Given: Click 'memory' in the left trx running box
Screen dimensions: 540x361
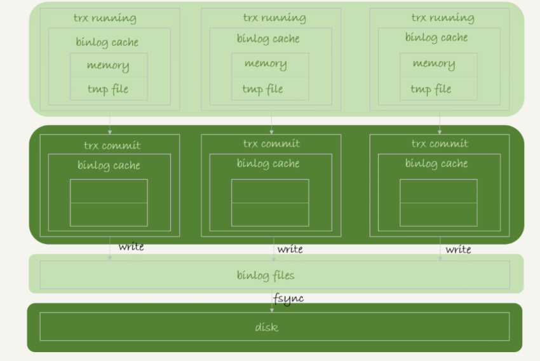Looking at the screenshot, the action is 108,65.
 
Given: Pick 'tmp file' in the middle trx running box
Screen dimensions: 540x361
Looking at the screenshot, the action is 262,89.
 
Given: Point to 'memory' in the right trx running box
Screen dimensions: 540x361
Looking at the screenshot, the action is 434,64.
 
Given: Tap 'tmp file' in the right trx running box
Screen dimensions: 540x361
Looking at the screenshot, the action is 431,89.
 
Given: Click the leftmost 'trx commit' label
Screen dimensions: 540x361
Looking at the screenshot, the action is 112,146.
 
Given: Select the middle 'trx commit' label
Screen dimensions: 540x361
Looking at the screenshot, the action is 272,144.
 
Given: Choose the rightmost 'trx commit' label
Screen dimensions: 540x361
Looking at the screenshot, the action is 440,144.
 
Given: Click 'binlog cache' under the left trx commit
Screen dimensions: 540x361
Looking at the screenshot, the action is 109,165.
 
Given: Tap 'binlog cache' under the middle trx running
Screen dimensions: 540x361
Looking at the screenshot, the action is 267,39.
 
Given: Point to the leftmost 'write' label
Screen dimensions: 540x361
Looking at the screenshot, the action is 132,247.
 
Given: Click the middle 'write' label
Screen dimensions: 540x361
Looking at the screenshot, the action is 290,249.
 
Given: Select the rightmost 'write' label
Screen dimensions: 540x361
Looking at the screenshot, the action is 458,249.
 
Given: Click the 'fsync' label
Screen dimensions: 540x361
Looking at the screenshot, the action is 288,298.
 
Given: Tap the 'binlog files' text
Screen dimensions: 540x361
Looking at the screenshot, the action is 266,276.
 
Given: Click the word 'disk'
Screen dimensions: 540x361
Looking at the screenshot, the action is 267,327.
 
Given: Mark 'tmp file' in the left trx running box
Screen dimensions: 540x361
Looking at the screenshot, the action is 108,90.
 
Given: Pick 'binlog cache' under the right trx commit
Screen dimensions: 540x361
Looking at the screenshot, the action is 436,163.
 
